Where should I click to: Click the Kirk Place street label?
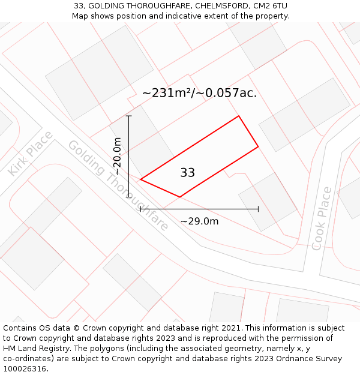(x=30, y=153)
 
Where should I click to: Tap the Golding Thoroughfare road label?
(x=118, y=186)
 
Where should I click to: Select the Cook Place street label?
(x=322, y=218)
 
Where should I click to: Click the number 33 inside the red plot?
(x=187, y=173)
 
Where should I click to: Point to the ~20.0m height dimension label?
(x=118, y=156)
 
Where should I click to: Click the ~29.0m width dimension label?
(x=199, y=221)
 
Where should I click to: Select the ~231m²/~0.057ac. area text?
(x=199, y=93)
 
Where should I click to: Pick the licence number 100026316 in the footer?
(x=24, y=369)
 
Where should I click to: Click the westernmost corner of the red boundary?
(x=140, y=179)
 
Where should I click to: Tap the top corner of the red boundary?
(x=239, y=116)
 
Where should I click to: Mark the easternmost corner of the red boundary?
(x=258, y=146)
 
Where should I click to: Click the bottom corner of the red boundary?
(x=179, y=197)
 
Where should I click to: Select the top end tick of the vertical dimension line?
(x=129, y=116)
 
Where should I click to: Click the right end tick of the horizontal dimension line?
(x=258, y=209)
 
